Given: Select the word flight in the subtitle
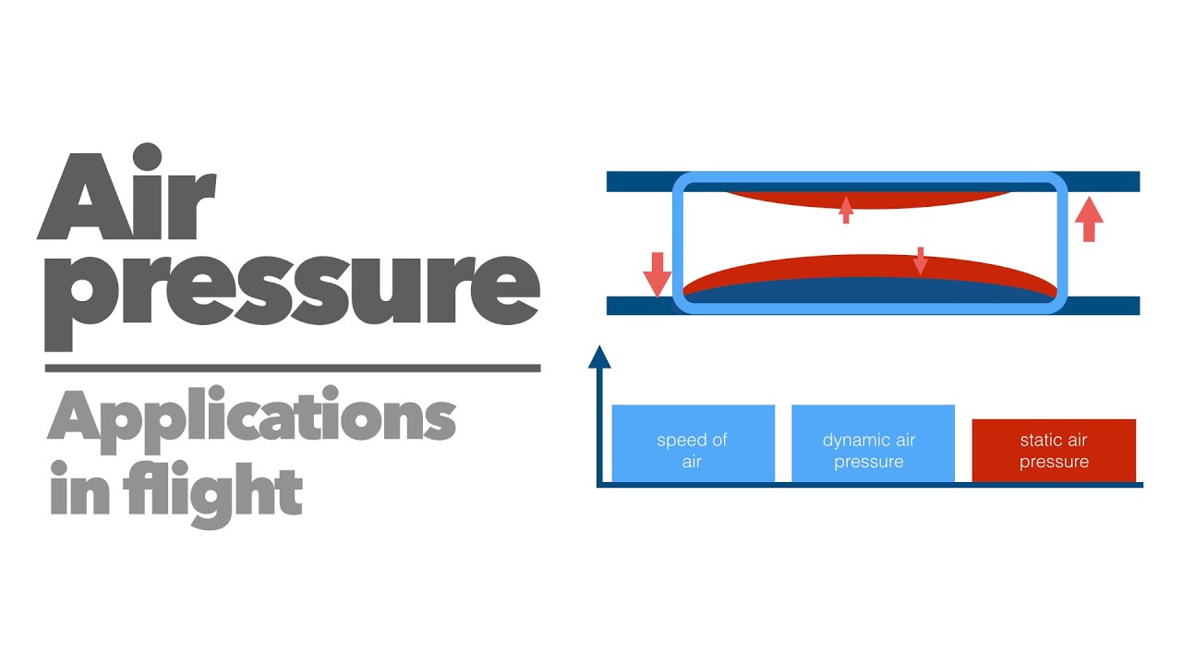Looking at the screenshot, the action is coord(213,494).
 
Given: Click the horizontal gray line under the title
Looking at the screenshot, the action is coord(293,368).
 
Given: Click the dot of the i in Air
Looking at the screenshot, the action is coord(147,156).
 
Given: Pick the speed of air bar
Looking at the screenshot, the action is coord(693,443).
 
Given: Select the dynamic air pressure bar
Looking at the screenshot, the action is coord(873,443).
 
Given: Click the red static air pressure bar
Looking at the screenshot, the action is coord(1054,451).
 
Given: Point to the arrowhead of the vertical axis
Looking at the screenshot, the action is coord(599,357).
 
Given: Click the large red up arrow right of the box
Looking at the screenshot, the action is coord(1089,219).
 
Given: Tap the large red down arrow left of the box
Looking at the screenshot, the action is coord(657,275).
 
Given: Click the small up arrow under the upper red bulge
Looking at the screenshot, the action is coord(846,210).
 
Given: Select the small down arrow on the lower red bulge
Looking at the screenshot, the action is coord(921,260).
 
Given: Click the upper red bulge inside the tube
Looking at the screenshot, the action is coord(869,200).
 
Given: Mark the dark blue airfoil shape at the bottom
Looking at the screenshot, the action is coord(870,290).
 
